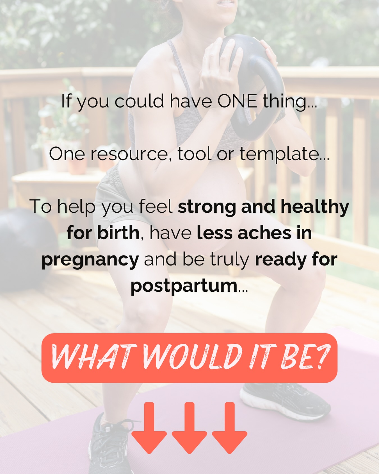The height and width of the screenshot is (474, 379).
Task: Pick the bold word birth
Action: pyautogui.click(x=118, y=233)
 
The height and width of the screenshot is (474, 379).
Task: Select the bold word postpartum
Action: pyautogui.click(x=184, y=286)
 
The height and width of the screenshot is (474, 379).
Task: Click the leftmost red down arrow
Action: pyautogui.click(x=149, y=427)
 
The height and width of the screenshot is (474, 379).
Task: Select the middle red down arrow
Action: pyautogui.click(x=189, y=427)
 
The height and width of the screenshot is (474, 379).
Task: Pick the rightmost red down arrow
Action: pyautogui.click(x=230, y=427)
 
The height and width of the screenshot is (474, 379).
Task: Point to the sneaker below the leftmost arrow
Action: pyautogui.click(x=109, y=447)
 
